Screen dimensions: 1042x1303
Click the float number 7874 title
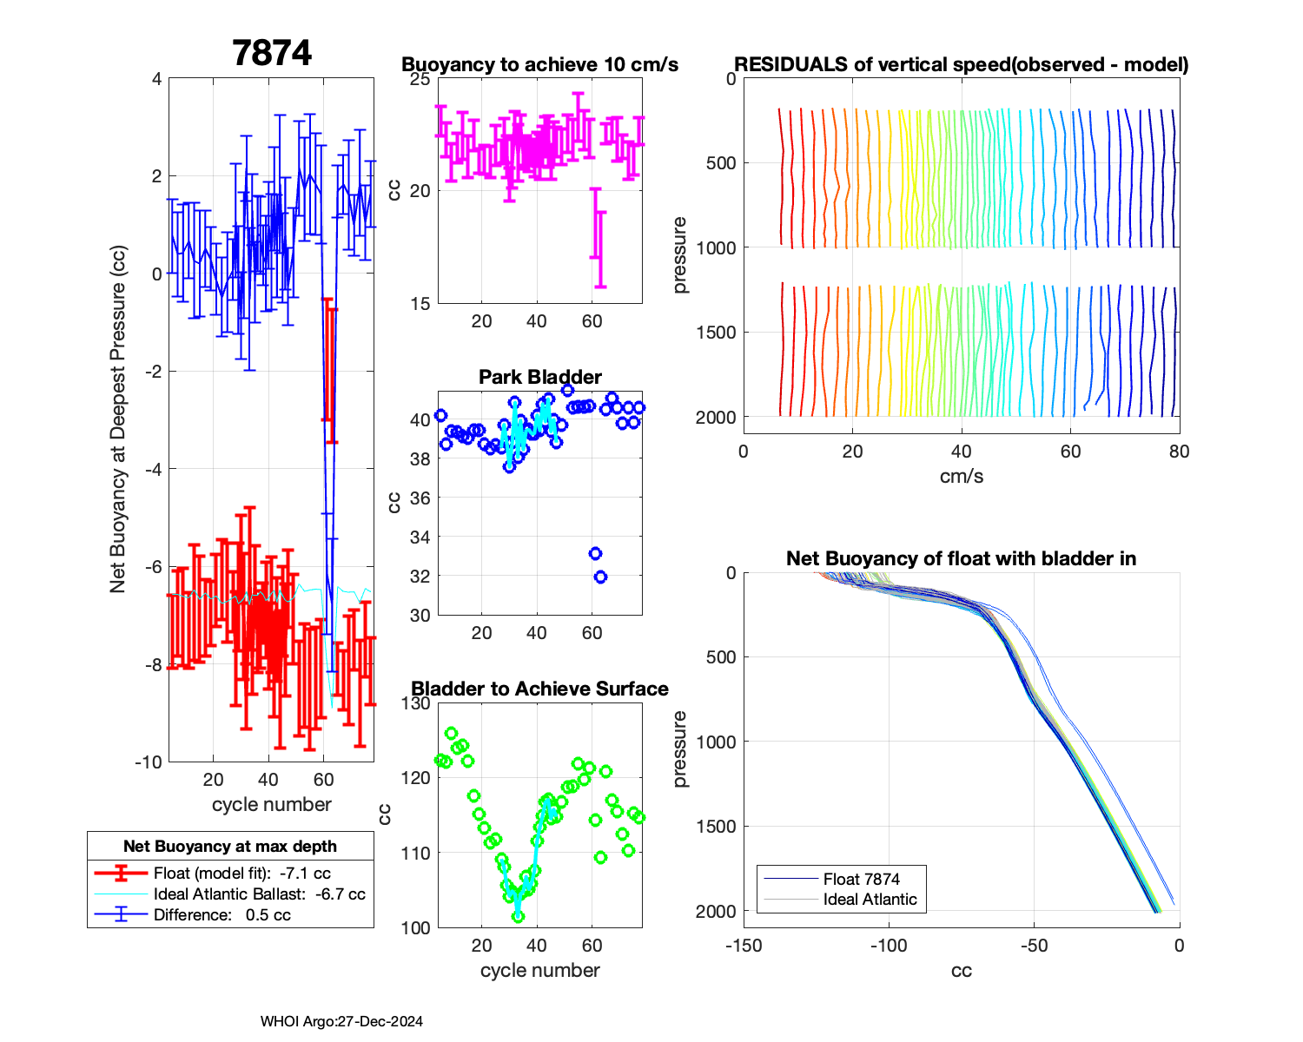(272, 54)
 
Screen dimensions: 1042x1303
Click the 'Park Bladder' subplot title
(540, 377)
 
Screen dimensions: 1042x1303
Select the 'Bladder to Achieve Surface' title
(539, 689)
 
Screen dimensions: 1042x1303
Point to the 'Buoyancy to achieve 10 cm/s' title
(539, 65)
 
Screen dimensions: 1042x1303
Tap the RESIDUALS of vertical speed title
(961, 65)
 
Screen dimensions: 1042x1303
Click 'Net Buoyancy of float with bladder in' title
(961, 558)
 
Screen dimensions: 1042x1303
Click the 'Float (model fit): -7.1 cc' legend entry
(241, 874)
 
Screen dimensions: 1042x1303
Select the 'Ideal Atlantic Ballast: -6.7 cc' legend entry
(259, 894)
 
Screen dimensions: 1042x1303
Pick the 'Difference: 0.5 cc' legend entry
(222, 915)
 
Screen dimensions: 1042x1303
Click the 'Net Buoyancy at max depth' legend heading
(230, 847)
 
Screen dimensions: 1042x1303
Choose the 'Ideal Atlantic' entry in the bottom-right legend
(870, 900)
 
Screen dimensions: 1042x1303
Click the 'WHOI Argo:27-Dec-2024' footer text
(341, 1021)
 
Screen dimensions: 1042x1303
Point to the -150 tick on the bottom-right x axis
(744, 946)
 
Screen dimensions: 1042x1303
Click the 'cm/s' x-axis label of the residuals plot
(961, 476)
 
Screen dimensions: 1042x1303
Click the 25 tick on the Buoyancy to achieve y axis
(420, 79)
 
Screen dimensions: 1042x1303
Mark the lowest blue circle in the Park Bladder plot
(600, 577)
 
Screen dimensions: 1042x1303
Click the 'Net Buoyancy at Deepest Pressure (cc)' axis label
(118, 420)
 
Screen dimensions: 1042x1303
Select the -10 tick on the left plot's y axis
(149, 762)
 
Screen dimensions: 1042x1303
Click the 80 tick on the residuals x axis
(1179, 452)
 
